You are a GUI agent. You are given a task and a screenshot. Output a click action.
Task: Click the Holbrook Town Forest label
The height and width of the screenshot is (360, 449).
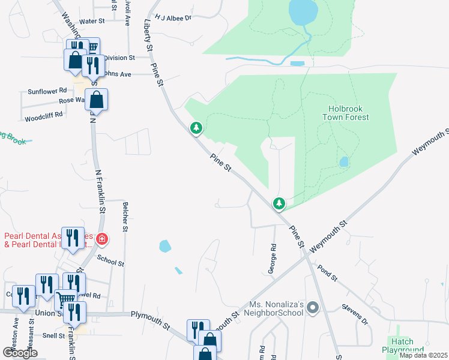point(349,113)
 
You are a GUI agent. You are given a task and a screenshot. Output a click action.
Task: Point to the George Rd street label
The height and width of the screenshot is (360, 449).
point(272,259)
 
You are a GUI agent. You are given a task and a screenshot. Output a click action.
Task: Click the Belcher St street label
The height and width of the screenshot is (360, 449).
point(125,217)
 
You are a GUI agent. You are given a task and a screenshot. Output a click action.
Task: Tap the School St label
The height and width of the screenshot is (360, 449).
point(110,259)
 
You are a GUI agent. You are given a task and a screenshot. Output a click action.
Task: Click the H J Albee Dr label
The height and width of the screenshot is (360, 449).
point(172,18)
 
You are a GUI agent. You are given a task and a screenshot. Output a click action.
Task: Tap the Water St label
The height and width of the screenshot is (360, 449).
point(92,21)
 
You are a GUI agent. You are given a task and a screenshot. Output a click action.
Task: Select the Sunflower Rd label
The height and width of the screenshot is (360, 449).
point(47,91)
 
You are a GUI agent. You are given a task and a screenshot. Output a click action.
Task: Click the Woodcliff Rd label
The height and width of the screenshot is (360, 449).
point(44,115)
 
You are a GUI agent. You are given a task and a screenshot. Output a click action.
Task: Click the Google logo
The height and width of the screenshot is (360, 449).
point(20,353)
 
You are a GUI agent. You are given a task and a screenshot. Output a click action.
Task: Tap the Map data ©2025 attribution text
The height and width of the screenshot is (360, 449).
point(423,355)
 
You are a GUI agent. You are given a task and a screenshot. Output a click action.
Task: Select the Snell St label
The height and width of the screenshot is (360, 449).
point(54,335)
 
